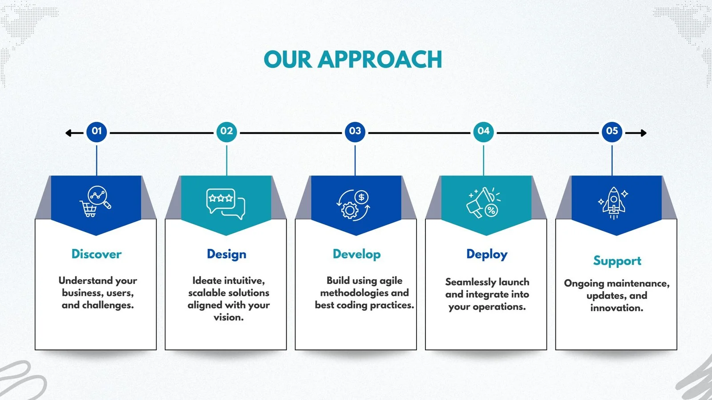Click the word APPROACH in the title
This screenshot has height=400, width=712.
click(380, 60)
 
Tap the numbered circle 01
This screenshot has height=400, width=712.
click(97, 131)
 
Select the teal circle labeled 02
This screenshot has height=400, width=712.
click(227, 132)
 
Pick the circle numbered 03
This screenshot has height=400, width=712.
click(355, 131)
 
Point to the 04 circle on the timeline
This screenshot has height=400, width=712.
click(483, 132)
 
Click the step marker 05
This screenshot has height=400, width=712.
click(612, 131)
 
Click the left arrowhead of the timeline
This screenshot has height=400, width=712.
click(68, 133)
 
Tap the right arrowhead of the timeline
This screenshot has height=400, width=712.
click(643, 133)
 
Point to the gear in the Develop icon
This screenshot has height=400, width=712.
click(350, 210)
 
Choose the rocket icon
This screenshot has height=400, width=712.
click(614, 203)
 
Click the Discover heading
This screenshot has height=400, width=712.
click(96, 254)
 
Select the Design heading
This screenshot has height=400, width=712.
click(227, 255)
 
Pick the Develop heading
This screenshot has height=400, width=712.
click(356, 255)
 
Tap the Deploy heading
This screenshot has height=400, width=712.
click(487, 255)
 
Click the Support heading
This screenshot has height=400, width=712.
click(617, 261)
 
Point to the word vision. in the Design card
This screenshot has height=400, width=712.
click(229, 317)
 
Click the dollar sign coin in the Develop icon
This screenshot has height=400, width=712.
click(361, 197)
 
